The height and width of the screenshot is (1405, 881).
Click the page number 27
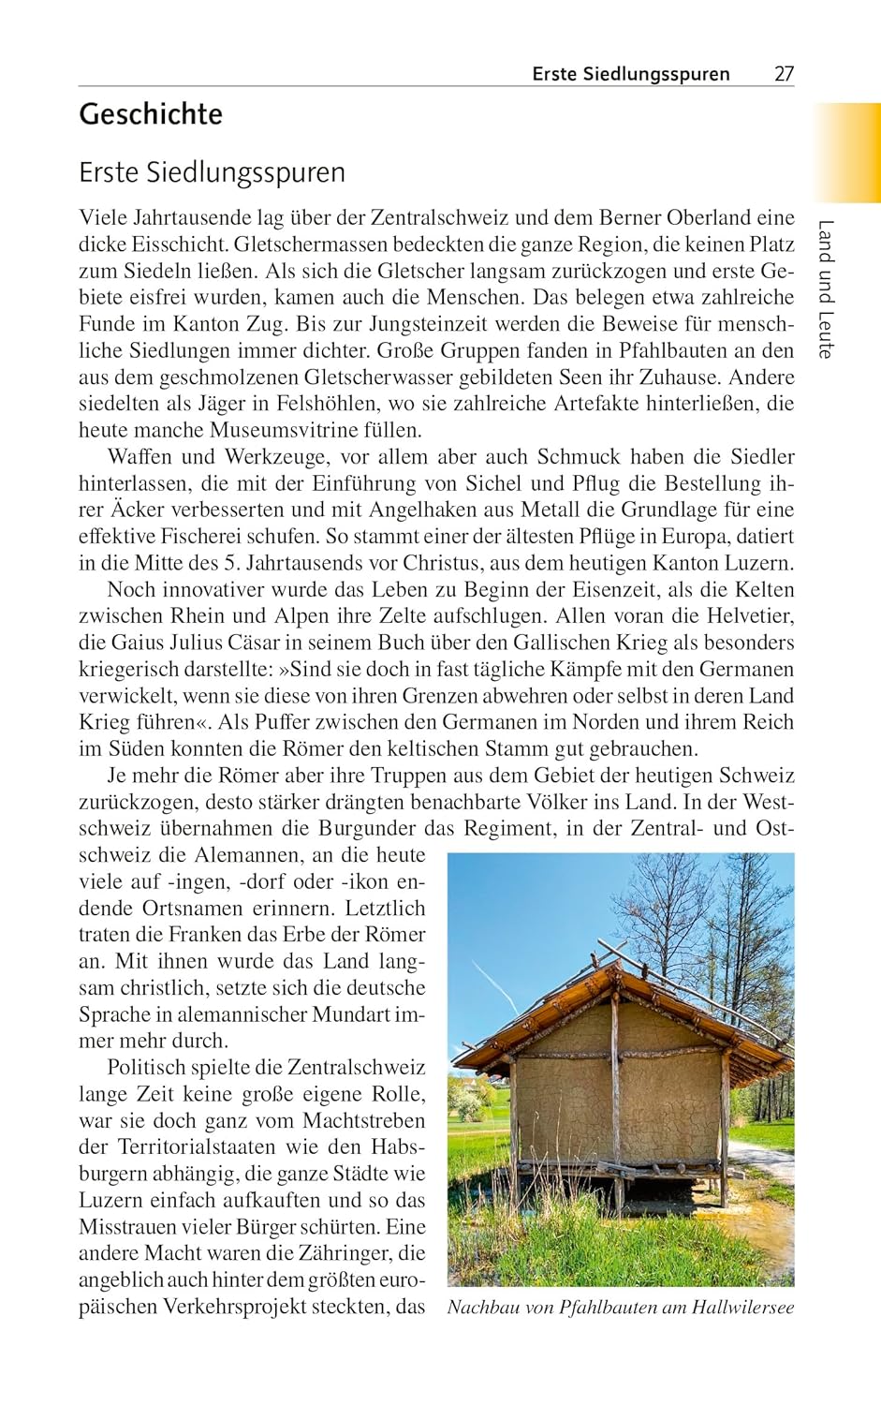click(784, 74)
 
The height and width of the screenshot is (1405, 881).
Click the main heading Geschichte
click(151, 114)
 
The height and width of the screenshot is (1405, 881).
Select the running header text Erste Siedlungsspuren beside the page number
click(631, 74)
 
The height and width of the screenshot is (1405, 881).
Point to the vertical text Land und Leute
click(825, 288)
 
